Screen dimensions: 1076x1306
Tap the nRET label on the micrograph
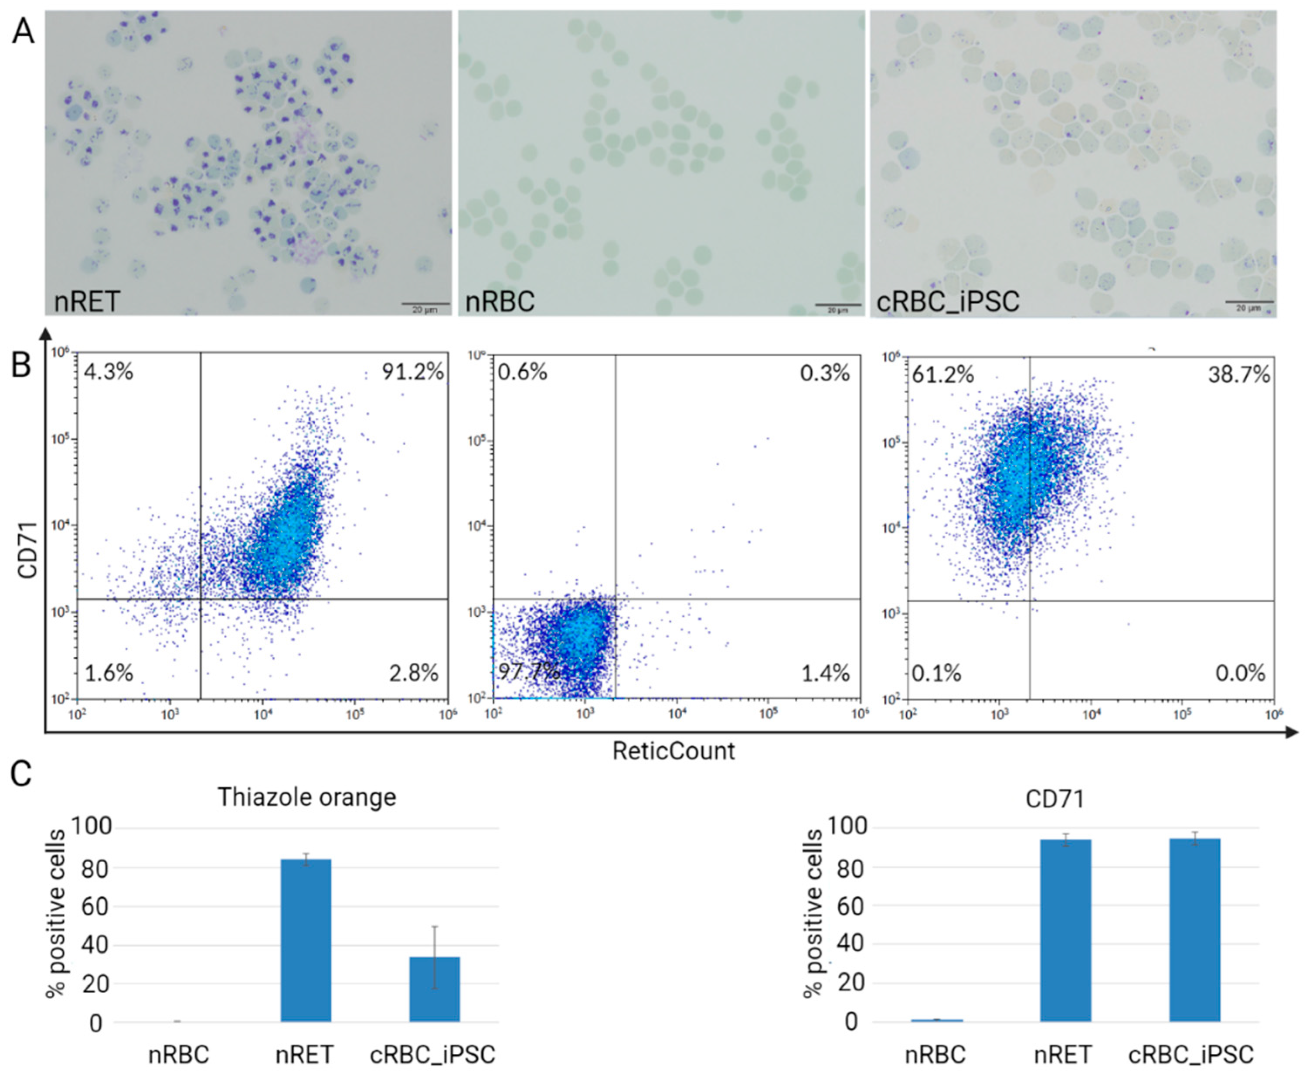87,302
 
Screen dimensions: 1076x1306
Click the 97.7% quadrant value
528,671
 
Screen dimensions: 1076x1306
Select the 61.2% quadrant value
942,374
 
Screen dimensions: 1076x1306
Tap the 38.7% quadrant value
1239,374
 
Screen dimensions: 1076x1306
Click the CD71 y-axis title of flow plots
28,550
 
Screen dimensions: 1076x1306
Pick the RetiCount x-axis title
673,751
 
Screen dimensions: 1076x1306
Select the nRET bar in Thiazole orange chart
306,940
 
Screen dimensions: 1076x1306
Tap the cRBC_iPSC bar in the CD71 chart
1194,930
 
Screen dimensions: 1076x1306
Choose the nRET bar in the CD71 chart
1065,931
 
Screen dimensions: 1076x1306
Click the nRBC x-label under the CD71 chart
935,1054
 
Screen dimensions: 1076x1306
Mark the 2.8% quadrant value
413,673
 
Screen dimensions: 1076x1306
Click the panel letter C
22,775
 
